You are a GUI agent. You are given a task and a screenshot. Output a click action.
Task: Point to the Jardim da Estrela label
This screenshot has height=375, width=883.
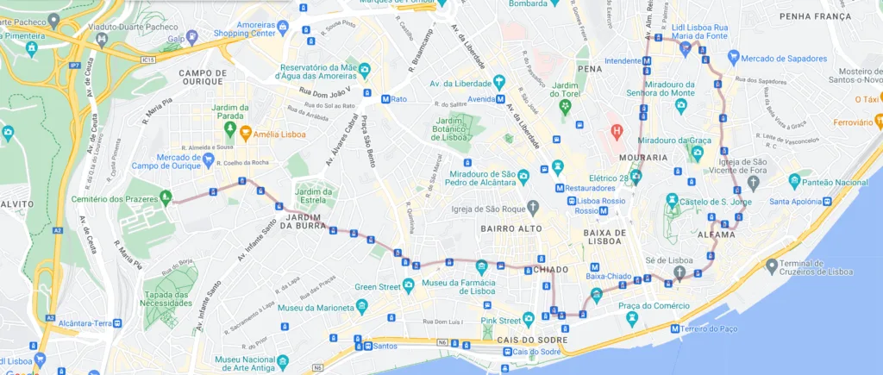(314, 197)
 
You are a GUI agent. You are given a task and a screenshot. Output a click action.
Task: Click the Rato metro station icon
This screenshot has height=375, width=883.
(385, 99)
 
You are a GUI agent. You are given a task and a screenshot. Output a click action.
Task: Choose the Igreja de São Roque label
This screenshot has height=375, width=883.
(488, 208)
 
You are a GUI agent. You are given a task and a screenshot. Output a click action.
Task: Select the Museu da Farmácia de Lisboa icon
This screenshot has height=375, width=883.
(481, 266)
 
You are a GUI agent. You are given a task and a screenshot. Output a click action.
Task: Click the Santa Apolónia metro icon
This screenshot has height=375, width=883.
(827, 202)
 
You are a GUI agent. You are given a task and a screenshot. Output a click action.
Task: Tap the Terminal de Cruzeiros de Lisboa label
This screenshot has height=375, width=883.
(815, 267)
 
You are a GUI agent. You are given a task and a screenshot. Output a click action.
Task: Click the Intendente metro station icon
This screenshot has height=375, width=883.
(647, 61)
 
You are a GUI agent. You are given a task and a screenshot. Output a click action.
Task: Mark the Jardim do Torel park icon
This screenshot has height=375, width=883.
(565, 106)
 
